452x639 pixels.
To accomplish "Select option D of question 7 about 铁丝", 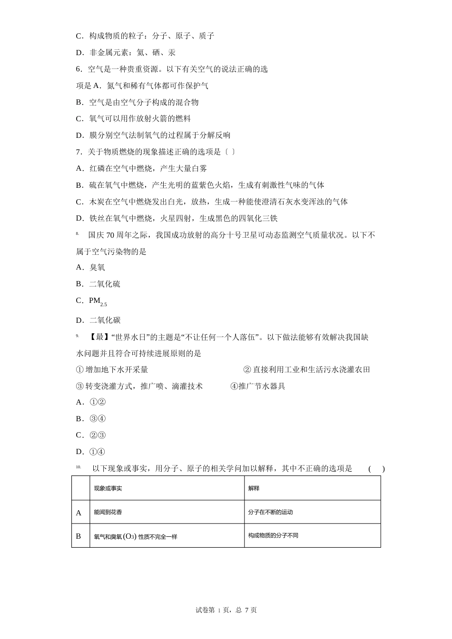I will click(177, 218).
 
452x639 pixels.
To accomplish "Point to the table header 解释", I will click(254, 488).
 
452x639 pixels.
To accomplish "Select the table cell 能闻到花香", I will click(108, 512).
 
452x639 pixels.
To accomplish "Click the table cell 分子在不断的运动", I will click(270, 512).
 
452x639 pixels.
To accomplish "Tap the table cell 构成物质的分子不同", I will click(273, 535).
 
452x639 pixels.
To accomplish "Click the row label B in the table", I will click(79, 536).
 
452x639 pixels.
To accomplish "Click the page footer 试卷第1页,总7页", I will click(226, 610).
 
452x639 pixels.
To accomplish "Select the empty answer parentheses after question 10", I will click(376, 469).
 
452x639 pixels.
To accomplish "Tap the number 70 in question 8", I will click(110, 235).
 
